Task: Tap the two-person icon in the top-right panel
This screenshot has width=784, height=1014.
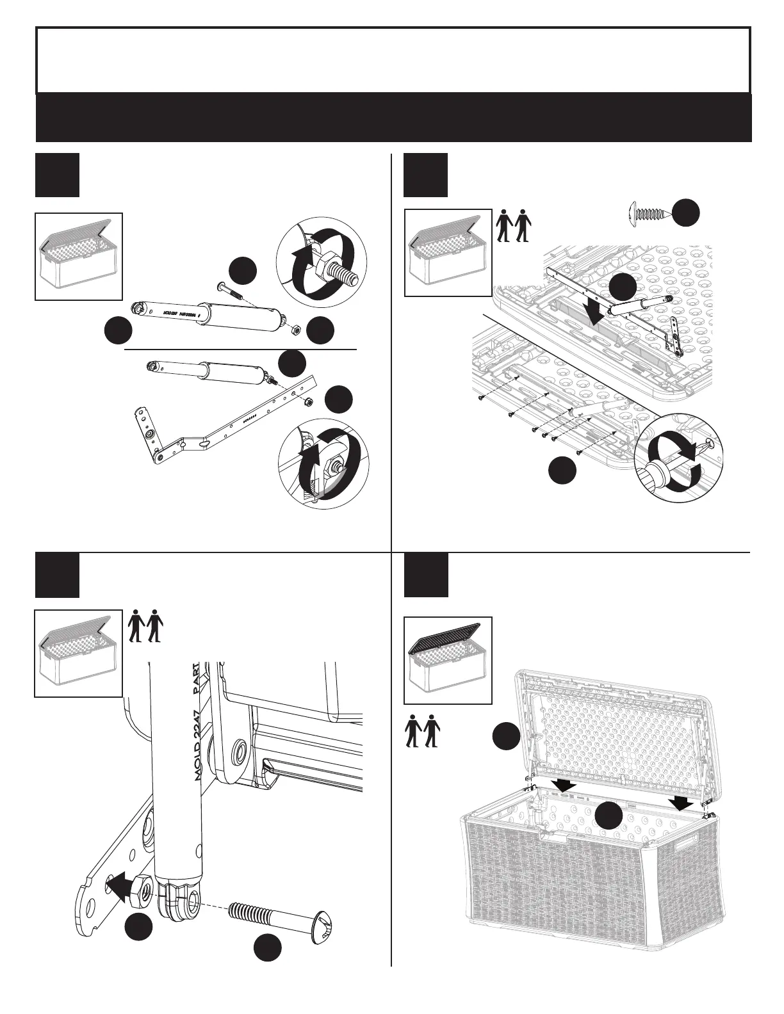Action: tap(514, 225)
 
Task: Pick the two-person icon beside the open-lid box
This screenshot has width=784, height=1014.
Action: tap(422, 730)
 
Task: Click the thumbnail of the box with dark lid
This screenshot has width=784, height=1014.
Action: tap(448, 660)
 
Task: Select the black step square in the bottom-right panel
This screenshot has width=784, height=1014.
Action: tap(426, 574)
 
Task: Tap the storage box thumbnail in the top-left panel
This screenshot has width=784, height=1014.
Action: tap(78, 256)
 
